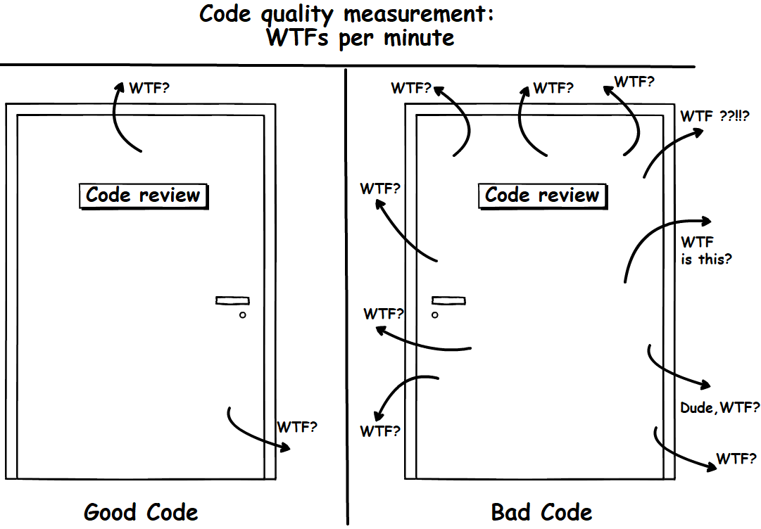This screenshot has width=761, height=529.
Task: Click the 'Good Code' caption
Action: coord(141,512)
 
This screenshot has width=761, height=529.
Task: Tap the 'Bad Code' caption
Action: coord(541,512)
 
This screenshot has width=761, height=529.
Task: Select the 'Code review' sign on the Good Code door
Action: coord(143,195)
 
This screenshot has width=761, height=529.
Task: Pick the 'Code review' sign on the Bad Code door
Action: coord(542,195)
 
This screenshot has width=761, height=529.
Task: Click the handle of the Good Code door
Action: coord(232,301)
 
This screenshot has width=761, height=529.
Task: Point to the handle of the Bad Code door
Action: coord(448,301)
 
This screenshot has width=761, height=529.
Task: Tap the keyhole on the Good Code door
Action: coord(243,314)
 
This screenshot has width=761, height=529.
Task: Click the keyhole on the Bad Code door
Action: coord(435,314)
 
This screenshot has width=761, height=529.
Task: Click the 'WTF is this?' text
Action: coord(705,251)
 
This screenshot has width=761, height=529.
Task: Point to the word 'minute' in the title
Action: coord(418,38)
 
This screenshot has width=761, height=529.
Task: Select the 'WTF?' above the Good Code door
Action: coord(149,89)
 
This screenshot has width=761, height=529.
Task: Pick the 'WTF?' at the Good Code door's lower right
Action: coord(296,427)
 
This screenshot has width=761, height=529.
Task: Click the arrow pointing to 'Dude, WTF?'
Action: coord(676,369)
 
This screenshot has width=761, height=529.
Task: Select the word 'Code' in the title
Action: coord(225,14)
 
